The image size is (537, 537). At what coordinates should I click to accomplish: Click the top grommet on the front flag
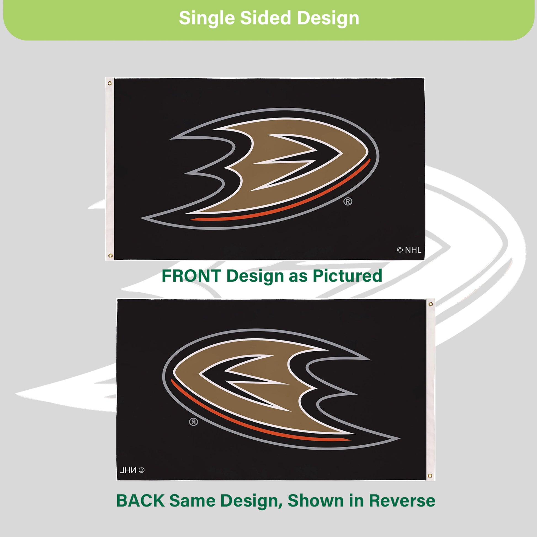click(110, 83)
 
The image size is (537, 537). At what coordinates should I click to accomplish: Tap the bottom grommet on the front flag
click(110, 256)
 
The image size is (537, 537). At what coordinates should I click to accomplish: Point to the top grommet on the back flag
click(430, 304)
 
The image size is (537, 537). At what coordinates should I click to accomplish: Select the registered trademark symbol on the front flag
click(348, 201)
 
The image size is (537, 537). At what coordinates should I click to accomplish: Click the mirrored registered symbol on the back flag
click(193, 422)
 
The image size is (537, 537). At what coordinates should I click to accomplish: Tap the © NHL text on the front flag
click(409, 250)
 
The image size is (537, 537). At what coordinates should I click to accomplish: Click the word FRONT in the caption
click(192, 276)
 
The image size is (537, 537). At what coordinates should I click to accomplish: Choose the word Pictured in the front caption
click(347, 276)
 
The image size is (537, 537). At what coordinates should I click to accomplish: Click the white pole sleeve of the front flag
click(110, 169)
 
